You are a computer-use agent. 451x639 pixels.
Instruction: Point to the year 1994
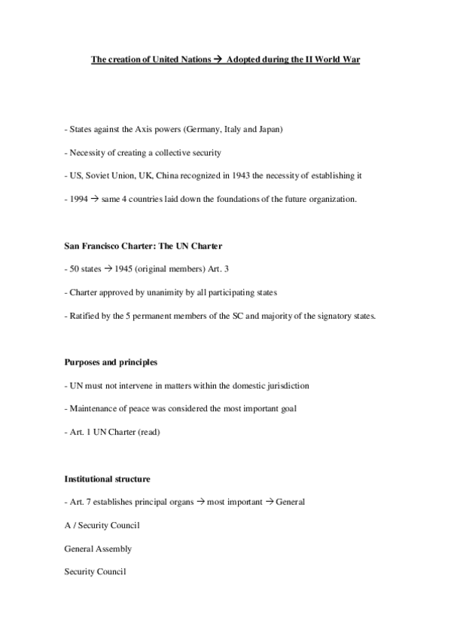pos(77,199)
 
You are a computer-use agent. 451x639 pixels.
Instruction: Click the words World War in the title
pos(339,59)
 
